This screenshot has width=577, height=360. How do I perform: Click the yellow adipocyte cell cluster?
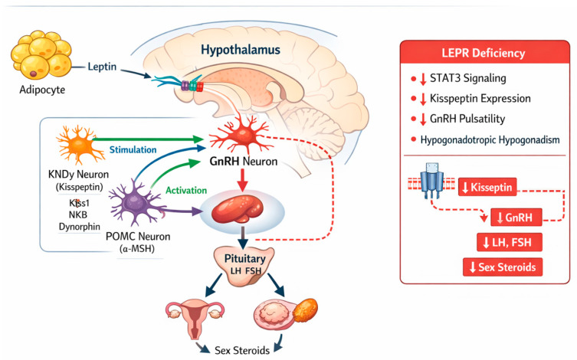[x=41, y=55]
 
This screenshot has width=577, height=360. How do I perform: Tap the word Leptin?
[x=102, y=67]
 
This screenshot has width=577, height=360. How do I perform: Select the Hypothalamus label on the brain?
[x=241, y=50]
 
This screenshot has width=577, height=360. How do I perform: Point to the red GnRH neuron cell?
[x=241, y=135]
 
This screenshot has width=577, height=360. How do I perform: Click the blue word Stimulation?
[x=133, y=149]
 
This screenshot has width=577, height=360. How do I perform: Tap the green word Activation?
[x=186, y=190]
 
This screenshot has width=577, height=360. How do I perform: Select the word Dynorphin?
[x=80, y=227]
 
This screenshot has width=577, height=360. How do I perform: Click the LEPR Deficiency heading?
[x=484, y=53]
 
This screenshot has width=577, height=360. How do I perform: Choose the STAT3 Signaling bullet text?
[x=468, y=78]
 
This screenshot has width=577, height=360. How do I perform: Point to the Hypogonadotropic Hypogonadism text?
[x=490, y=139]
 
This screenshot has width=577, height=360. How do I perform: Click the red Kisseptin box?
[x=487, y=187]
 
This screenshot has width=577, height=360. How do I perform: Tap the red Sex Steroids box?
[x=503, y=267]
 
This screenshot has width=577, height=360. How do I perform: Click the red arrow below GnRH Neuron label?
[x=242, y=180]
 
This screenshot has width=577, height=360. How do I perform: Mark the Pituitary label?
[x=244, y=258]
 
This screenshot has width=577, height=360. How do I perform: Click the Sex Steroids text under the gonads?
[x=242, y=350]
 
